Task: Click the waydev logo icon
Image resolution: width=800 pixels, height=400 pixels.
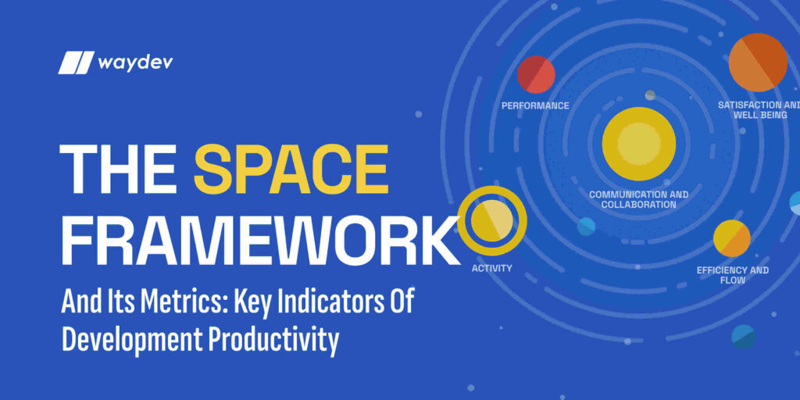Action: [x=76, y=62]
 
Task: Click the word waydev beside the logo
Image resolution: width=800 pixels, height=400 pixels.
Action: [x=135, y=62]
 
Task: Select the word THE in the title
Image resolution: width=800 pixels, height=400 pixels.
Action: [x=120, y=170]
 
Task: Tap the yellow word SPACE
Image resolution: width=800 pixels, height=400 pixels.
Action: [x=291, y=170]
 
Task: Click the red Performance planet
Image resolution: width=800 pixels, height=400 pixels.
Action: [x=536, y=75]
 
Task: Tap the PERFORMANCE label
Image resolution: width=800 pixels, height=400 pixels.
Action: [x=535, y=105]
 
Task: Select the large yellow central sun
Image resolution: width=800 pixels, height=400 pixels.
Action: [x=639, y=145]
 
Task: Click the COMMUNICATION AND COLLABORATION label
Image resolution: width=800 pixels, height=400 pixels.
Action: [x=639, y=199]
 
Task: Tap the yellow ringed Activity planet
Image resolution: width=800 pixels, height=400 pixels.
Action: [x=492, y=221]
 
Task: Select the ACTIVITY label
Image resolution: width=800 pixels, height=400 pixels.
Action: [x=492, y=269]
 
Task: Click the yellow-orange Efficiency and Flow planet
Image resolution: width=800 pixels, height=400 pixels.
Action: [x=732, y=239]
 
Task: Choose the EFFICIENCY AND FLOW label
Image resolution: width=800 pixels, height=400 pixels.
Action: [x=732, y=275]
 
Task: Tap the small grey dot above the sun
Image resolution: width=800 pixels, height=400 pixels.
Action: [x=650, y=95]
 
